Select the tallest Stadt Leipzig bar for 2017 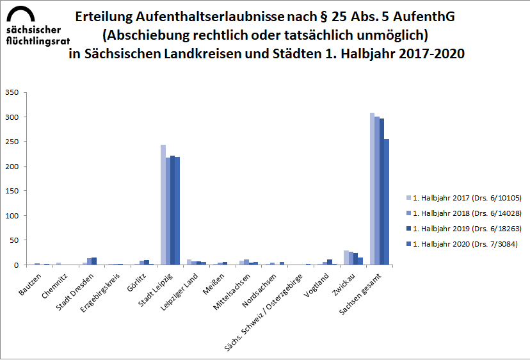point(163,205)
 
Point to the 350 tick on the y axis point(12,92)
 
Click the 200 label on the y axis point(12,167)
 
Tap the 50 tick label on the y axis point(14,240)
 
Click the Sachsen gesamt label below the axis point(362,291)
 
